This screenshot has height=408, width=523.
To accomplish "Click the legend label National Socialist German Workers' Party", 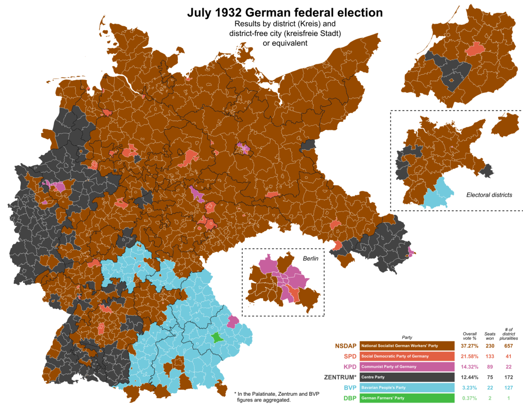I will [400, 346].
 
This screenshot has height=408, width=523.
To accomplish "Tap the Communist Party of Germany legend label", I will [389, 367].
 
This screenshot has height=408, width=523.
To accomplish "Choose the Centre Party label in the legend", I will [373, 377].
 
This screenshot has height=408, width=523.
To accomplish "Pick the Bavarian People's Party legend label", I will [384, 388].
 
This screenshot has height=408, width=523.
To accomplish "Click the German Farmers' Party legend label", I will [383, 398].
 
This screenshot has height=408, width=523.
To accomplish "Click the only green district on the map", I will [216, 337].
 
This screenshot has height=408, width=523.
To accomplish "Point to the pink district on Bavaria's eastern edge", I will [233, 321].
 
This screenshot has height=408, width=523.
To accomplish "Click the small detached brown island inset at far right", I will [506, 124].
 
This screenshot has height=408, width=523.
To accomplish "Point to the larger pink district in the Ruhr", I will [57, 186].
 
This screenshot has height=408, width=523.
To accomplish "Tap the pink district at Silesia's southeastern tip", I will [411, 252].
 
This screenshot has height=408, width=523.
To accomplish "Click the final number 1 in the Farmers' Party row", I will [508, 398].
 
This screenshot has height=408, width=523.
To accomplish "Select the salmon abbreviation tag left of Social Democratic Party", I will [350, 356].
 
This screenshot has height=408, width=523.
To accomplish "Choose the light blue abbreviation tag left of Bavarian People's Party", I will [350, 388].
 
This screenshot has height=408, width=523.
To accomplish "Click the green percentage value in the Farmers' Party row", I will [469, 398].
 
